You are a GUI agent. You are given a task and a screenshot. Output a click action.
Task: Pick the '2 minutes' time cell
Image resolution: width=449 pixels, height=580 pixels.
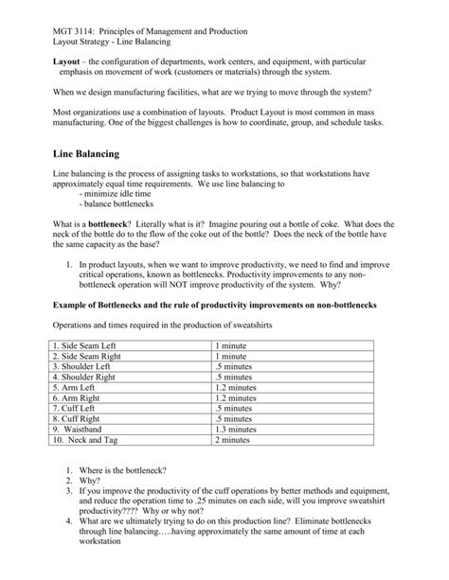(x=234, y=439)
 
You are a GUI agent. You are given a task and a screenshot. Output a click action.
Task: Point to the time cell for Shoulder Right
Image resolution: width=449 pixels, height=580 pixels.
(x=234, y=377)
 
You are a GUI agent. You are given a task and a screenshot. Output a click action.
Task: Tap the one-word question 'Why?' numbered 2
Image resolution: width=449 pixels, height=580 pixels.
(x=99, y=481)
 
